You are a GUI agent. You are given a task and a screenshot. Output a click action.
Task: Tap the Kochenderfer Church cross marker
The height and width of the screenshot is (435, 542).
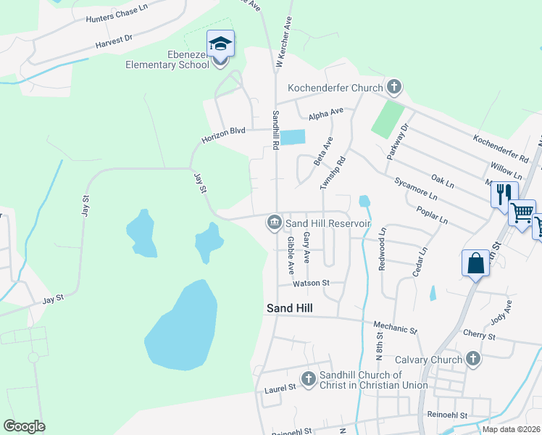pyautogui.click(x=393, y=88)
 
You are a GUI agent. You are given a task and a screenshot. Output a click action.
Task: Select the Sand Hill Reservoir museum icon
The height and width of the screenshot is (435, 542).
pyautogui.click(x=274, y=222)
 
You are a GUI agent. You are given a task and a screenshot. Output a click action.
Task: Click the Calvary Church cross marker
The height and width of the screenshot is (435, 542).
pyautogui.click(x=472, y=359)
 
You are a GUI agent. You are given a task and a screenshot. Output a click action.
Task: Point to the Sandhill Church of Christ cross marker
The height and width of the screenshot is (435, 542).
pyautogui.click(x=308, y=378)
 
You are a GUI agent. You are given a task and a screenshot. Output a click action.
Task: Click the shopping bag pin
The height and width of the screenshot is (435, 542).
pyautogui.click(x=475, y=262)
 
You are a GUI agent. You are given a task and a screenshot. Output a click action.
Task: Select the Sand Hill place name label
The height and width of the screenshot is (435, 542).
pyautogui.click(x=289, y=308)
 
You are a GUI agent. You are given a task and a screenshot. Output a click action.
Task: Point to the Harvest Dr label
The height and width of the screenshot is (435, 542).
pyautogui.click(x=114, y=43)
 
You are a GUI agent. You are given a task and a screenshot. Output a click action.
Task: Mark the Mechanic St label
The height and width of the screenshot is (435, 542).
pyautogui.click(x=395, y=329)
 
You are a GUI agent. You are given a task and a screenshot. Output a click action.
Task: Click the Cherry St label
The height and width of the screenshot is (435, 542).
pyautogui.click(x=478, y=336)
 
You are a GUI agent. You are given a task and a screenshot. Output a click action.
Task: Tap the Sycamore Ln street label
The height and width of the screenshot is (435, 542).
pyautogui.click(x=416, y=191)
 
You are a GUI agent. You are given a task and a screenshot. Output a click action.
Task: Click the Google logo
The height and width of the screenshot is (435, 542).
pyautogui.click(x=24, y=426)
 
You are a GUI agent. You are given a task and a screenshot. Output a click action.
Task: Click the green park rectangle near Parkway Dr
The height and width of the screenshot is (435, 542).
pyautogui.click(x=388, y=119)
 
